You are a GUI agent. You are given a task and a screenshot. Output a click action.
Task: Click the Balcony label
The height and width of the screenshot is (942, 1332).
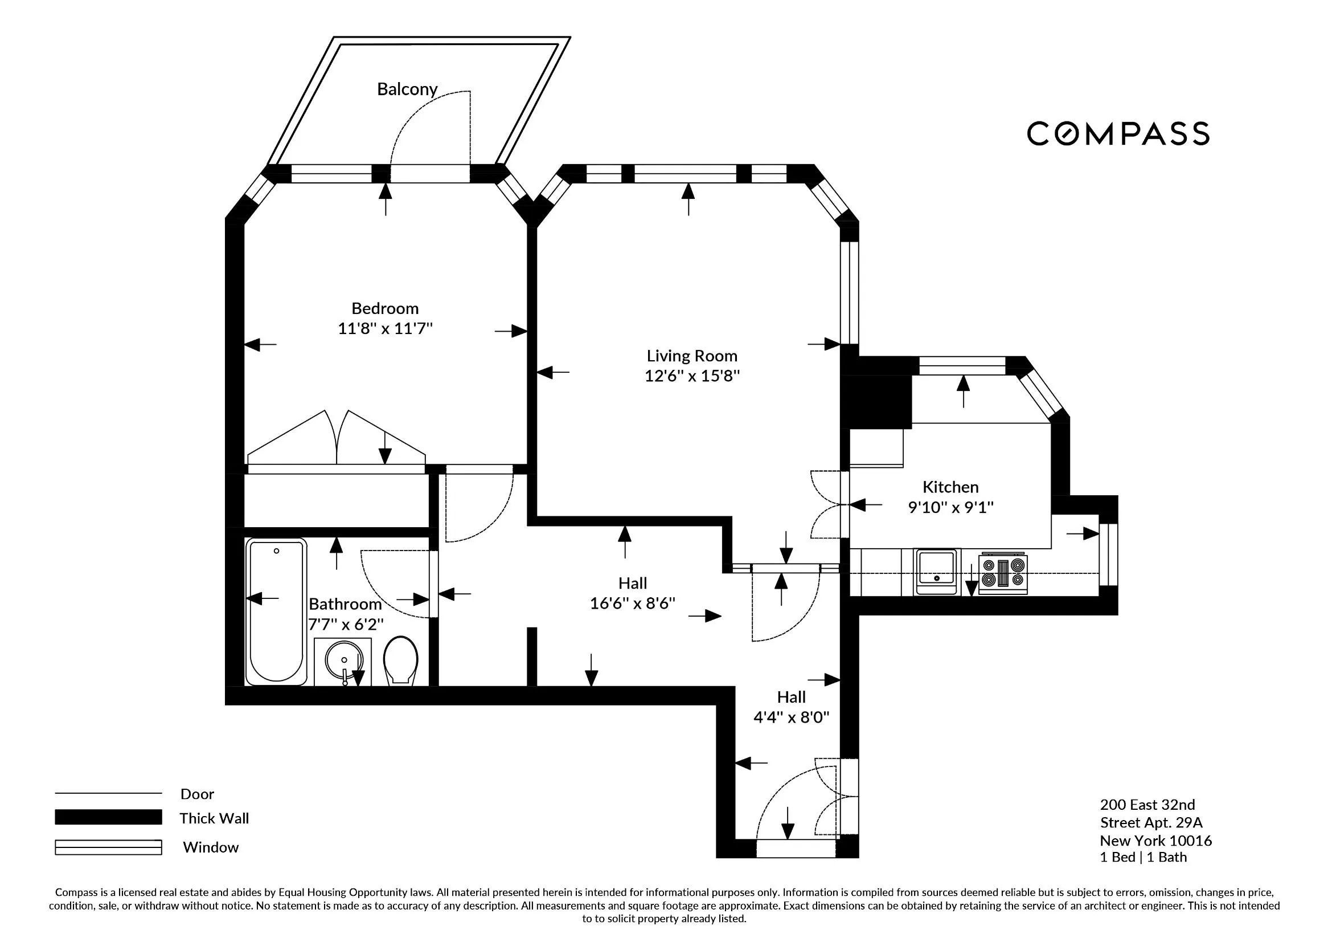(407, 89)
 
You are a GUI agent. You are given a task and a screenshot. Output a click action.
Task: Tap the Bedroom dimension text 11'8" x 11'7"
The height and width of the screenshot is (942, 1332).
(385, 328)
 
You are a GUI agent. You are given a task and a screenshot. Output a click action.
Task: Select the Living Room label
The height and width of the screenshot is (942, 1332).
(691, 356)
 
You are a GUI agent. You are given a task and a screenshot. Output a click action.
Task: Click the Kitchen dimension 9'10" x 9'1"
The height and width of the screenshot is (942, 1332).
(950, 507)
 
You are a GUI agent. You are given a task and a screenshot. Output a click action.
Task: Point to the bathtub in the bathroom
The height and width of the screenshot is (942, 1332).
(276, 611)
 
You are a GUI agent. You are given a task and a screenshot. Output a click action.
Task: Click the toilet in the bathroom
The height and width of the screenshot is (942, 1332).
(401, 660)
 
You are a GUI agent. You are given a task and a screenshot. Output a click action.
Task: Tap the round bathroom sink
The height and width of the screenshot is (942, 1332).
(343, 660)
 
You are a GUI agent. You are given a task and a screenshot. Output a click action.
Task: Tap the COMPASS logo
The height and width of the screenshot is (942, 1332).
(1118, 133)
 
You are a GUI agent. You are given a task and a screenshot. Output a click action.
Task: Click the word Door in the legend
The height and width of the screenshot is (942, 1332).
(196, 794)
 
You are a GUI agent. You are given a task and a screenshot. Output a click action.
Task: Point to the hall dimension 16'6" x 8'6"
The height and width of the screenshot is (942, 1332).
(632, 603)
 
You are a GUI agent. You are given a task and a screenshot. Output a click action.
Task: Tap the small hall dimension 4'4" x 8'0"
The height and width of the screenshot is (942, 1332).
(791, 717)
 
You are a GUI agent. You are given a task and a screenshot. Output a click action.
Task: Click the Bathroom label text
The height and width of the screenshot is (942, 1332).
(345, 604)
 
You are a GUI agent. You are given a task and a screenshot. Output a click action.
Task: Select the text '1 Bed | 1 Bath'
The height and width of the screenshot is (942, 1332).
(1143, 857)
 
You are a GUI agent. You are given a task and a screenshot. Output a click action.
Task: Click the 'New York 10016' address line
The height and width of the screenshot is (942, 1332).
(1155, 841)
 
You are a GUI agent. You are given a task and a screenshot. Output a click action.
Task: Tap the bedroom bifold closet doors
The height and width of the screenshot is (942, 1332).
(337, 438)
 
